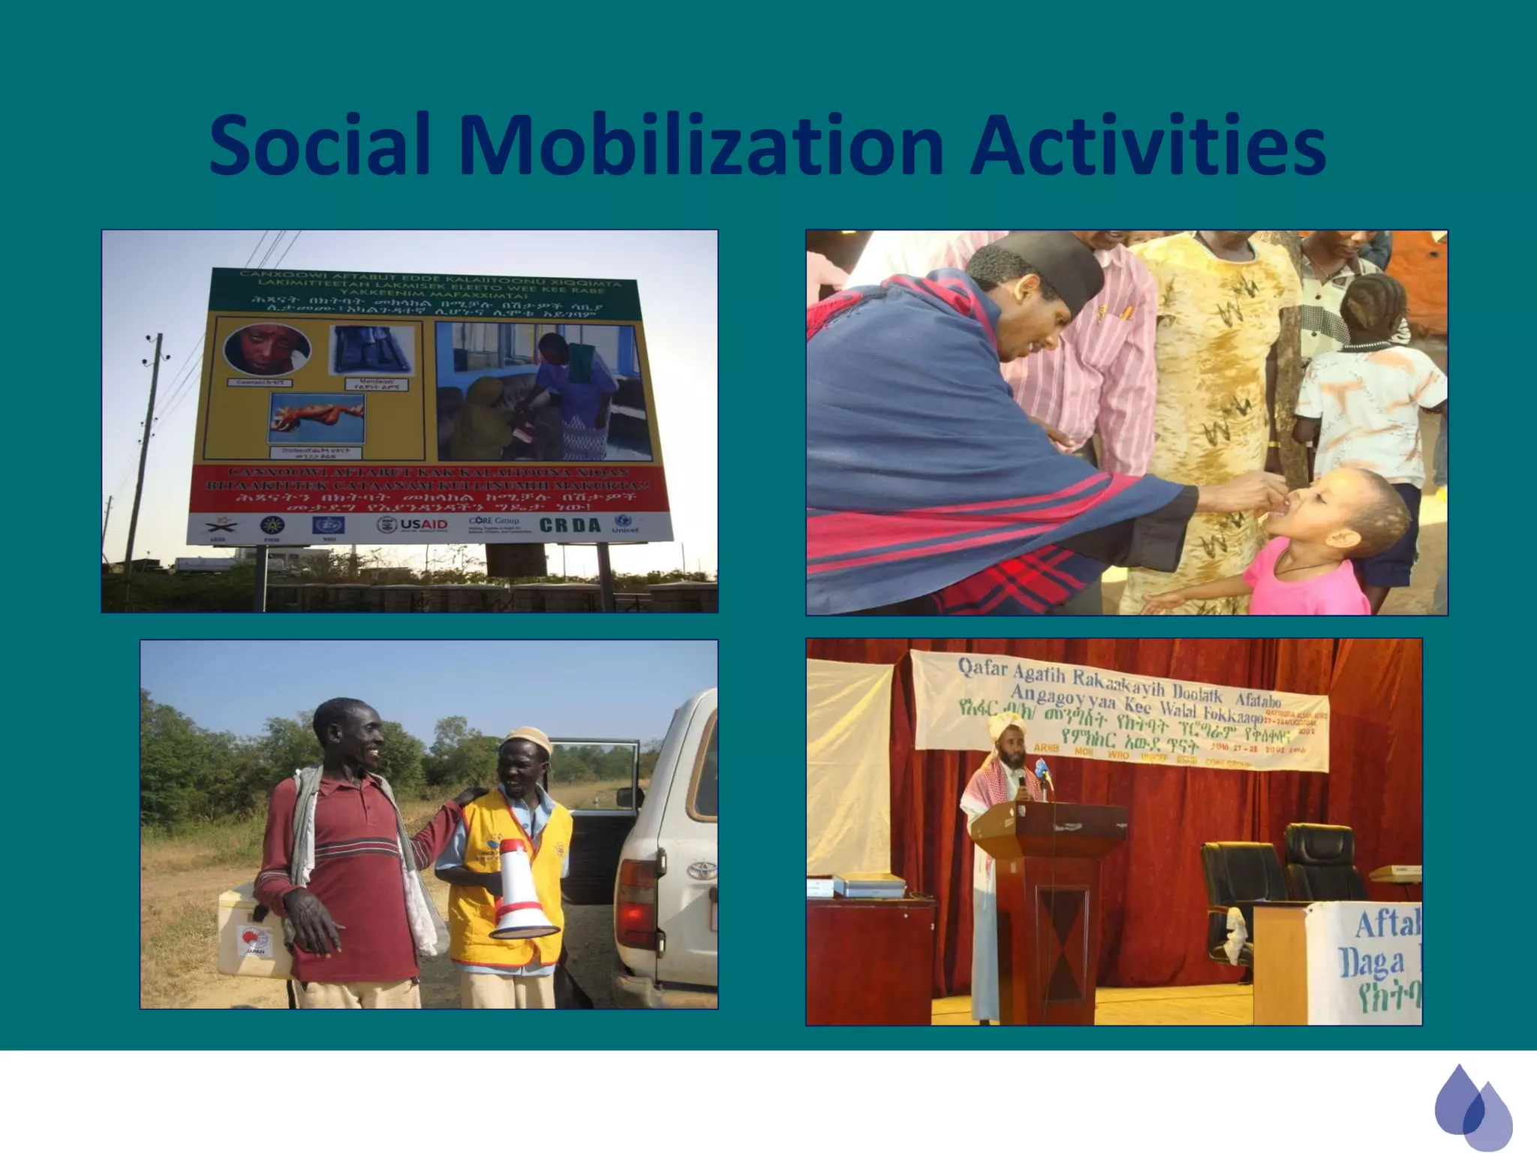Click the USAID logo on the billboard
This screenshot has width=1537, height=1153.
pos(413,524)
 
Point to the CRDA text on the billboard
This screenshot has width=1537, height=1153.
pos(570,525)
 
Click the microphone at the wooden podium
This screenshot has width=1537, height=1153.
pos(1021,781)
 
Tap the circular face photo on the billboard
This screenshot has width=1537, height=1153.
pos(267,348)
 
